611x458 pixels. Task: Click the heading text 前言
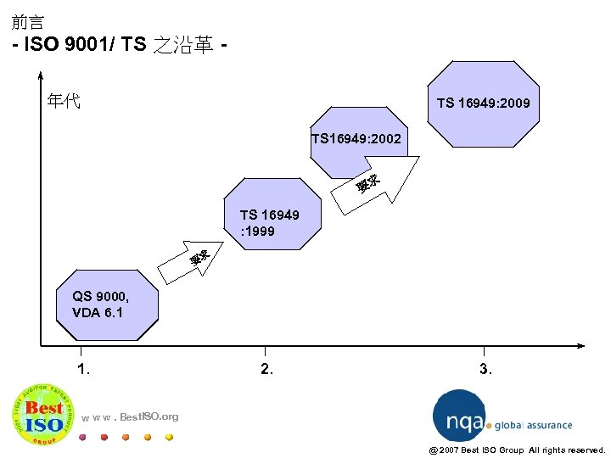coord(28,22)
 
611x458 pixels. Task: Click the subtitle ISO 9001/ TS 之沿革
coord(119,45)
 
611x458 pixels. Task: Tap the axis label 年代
coord(64,102)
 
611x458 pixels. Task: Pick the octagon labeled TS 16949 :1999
coord(270,217)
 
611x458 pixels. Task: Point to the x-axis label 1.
coord(83,369)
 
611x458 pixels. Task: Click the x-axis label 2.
coord(267,369)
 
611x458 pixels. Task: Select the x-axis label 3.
coord(485,369)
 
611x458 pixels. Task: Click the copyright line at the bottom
coord(517,450)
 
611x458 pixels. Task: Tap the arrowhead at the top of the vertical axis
coord(40,74)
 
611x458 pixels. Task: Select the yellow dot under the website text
coord(169,438)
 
